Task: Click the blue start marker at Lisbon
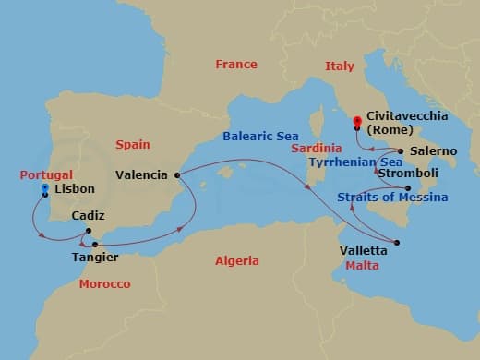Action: click(44, 188)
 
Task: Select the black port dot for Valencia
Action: click(176, 174)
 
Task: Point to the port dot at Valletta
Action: click(396, 243)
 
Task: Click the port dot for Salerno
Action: click(401, 150)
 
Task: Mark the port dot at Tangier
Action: click(95, 245)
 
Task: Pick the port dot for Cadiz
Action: click(88, 231)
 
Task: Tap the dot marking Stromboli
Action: click(382, 188)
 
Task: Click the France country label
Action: click(235, 65)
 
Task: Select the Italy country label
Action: click(339, 66)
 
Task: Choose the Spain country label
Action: click(133, 145)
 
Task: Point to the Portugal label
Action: click(46, 173)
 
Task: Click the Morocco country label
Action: click(104, 283)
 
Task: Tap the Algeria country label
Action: click(236, 261)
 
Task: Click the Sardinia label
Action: click(317, 148)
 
